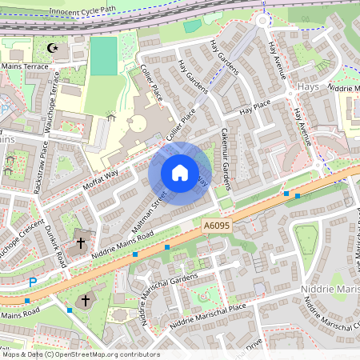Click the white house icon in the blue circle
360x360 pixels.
click(180, 173)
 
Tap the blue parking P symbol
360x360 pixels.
click(33, 282)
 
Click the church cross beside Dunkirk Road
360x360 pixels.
click(80, 242)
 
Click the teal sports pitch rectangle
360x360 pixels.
click(103, 55)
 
